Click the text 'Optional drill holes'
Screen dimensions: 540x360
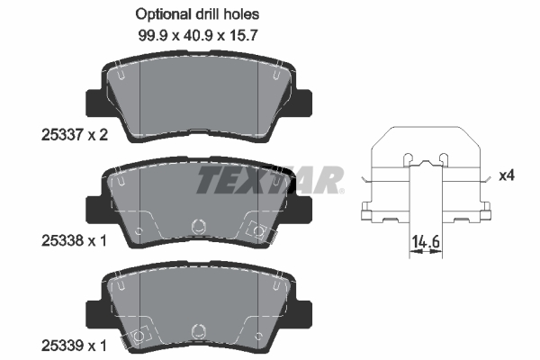point(197,14)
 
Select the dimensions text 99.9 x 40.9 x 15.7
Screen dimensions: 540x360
point(198,35)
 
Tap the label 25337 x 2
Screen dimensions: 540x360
point(75,135)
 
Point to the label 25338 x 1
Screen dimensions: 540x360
point(74,240)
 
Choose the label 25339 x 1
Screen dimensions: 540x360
point(74,346)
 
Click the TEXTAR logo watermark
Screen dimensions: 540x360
point(270,179)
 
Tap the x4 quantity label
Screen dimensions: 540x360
point(507,176)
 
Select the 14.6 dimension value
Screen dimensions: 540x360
point(426,241)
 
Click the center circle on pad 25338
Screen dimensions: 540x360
point(199,226)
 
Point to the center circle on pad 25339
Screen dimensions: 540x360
point(199,331)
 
